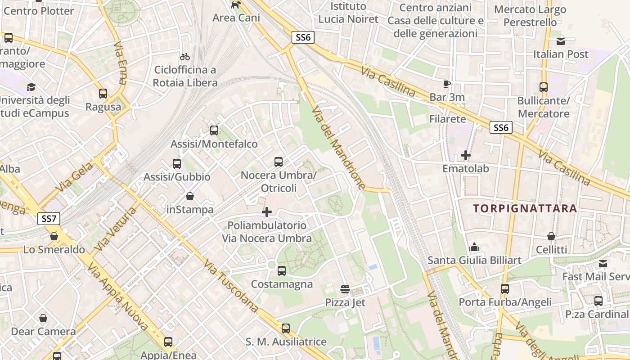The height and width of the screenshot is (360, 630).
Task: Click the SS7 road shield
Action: tap(48, 219)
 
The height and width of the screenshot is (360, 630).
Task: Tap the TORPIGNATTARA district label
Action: tap(525, 208)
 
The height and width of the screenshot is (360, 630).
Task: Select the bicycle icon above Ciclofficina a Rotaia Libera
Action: tap(185, 57)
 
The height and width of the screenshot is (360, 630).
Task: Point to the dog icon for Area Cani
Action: tap(236, 4)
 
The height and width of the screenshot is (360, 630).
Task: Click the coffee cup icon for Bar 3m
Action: tap(447, 84)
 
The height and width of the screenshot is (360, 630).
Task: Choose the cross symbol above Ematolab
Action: tap(466, 156)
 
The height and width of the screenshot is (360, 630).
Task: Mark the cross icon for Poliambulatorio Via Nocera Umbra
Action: tap(267, 211)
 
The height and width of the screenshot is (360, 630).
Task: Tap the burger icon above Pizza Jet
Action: tap(345, 289)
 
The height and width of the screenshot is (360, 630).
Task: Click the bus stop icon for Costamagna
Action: tap(282, 271)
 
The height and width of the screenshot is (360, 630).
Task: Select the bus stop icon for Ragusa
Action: tap(103, 94)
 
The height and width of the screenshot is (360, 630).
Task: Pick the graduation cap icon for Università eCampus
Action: tap(31, 86)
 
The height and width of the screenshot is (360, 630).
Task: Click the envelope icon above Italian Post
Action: tap(561, 41)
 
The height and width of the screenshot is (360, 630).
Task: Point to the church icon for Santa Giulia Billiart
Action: tap(474, 247)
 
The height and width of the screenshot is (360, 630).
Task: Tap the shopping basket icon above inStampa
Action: tap(190, 197)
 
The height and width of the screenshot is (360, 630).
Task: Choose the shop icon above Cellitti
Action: tap(551, 236)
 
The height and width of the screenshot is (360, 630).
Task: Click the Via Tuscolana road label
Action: tap(230, 287)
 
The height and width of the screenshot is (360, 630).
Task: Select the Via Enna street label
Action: tap(121, 63)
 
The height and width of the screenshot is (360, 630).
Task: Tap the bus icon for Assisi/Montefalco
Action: tap(214, 130)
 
